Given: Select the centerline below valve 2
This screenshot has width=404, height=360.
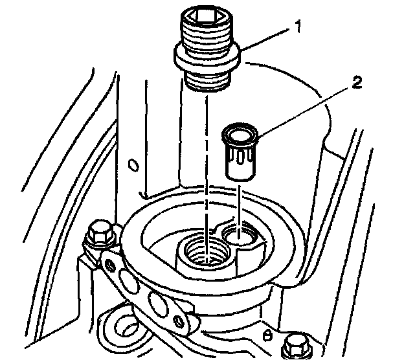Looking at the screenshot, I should click(240, 207).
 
